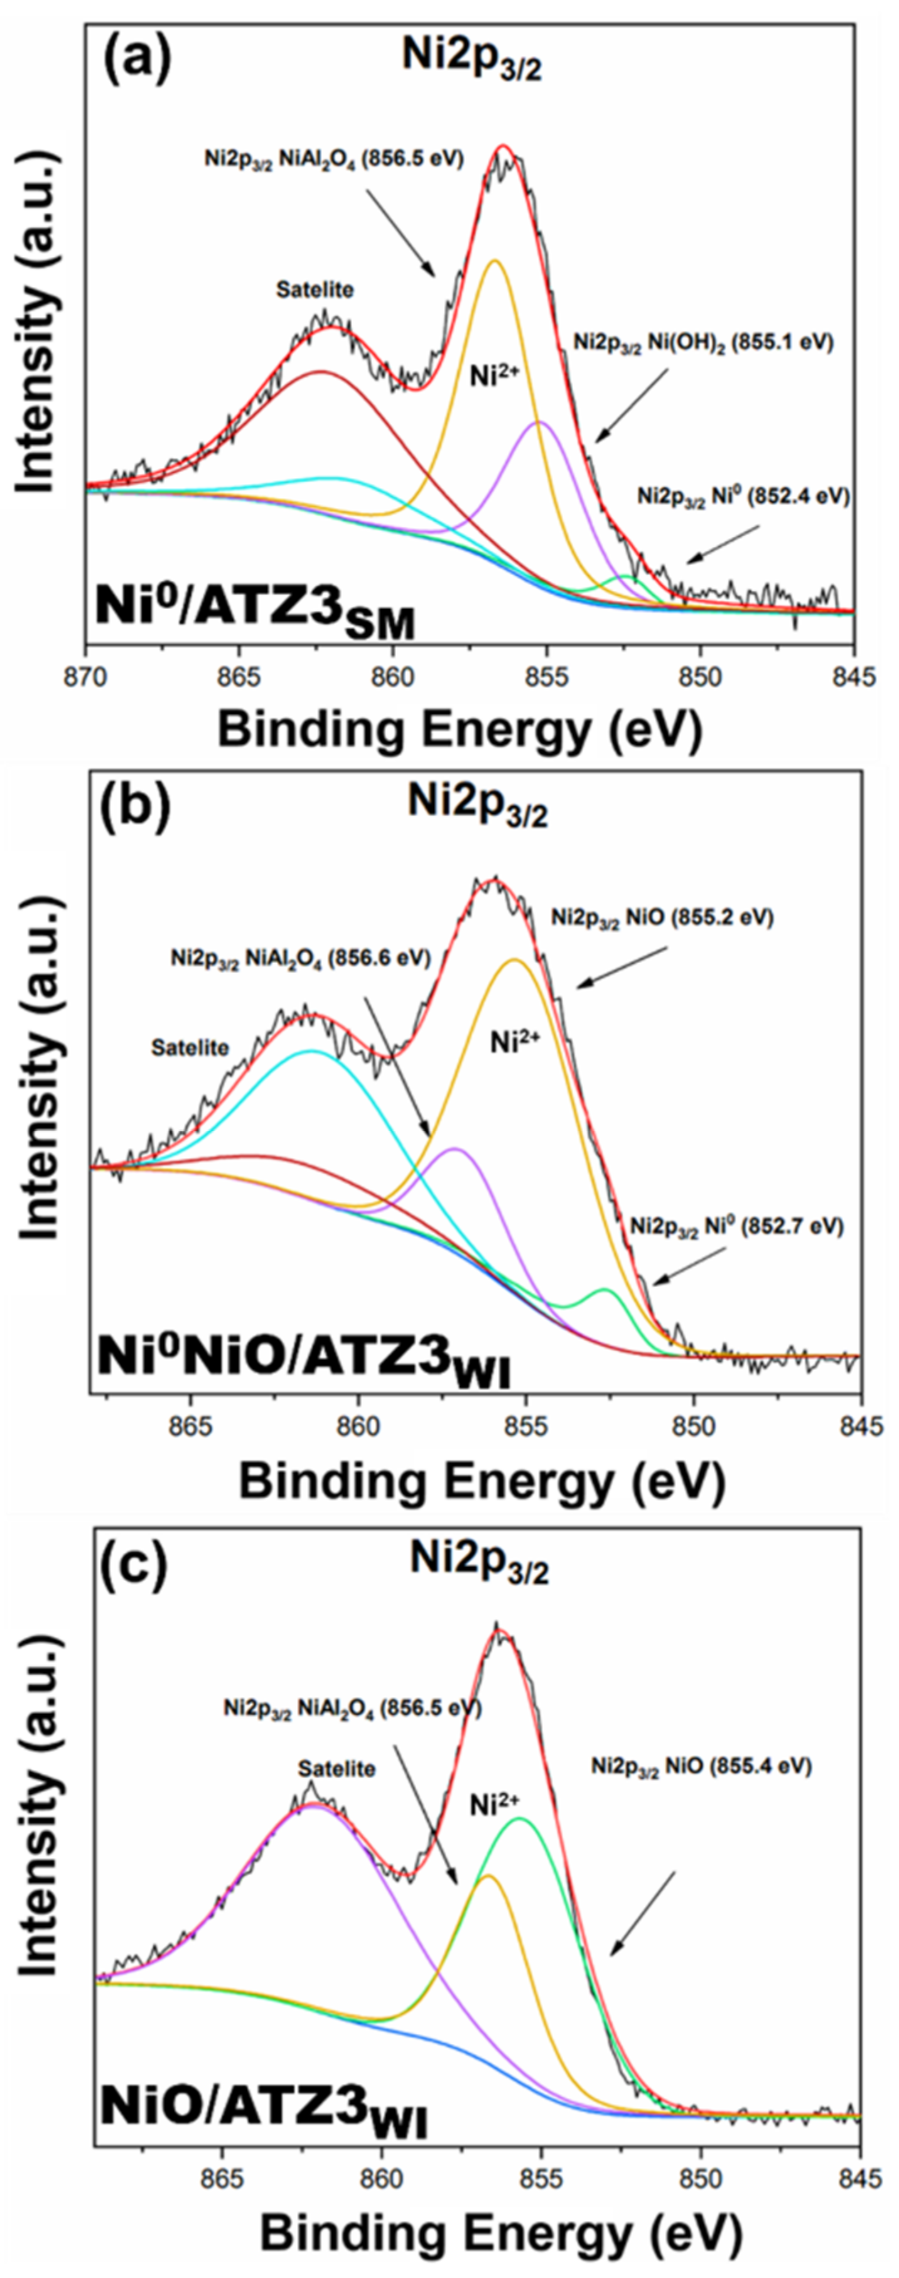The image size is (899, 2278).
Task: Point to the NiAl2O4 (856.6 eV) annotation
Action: click(x=301, y=957)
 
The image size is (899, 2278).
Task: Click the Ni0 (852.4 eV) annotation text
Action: click(x=743, y=497)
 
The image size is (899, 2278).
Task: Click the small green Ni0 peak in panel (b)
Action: click(x=606, y=1292)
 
